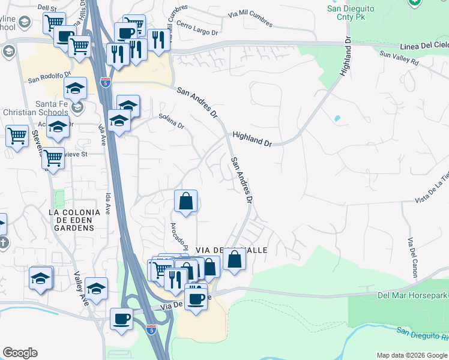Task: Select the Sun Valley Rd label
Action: (x=399, y=58)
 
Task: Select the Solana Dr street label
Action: (x=171, y=122)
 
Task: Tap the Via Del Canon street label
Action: (x=412, y=257)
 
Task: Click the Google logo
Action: (x=20, y=353)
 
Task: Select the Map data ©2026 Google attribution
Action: (x=412, y=355)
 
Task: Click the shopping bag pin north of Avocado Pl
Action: (x=186, y=202)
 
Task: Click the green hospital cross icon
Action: (x=414, y=3)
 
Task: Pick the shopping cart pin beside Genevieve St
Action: (x=53, y=158)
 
